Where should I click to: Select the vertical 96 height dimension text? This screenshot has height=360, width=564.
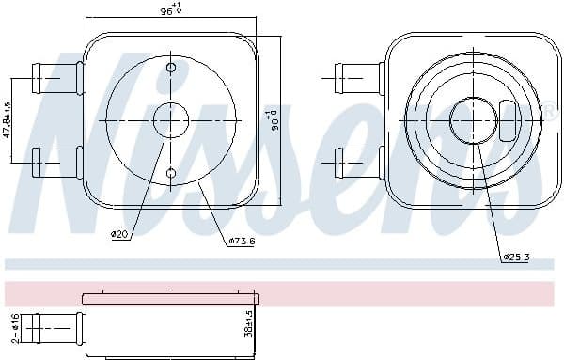(x=274, y=119)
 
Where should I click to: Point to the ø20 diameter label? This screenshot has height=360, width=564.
(x=119, y=234)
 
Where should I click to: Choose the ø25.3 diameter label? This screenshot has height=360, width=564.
(x=516, y=257)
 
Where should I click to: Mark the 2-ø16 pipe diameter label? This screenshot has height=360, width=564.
(x=12, y=326)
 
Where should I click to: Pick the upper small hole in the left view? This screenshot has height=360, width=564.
(x=170, y=69)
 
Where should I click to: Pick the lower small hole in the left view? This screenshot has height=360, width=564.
(x=170, y=172)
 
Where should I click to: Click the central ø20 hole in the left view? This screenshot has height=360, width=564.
(x=170, y=120)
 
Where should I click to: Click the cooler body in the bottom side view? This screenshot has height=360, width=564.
(x=169, y=324)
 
